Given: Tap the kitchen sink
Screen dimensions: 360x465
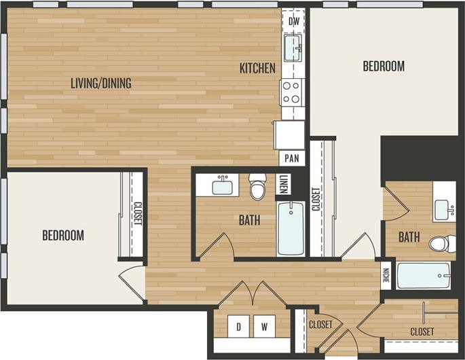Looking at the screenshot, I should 293,48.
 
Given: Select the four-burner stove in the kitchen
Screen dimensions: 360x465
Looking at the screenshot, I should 293,92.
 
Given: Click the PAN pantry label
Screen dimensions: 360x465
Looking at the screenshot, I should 292,158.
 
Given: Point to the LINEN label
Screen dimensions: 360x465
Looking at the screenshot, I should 283,185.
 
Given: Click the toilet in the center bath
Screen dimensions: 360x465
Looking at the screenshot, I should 257,187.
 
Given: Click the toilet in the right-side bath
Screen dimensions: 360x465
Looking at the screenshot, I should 443,242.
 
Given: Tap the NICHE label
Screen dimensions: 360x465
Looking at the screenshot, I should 386,275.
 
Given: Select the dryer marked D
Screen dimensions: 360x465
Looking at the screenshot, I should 238,327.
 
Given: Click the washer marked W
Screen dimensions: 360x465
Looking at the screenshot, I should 265,327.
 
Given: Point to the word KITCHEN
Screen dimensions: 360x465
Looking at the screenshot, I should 257,68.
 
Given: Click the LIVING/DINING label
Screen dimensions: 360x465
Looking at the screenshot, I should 101,84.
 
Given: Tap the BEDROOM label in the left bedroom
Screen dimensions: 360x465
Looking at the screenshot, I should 63,236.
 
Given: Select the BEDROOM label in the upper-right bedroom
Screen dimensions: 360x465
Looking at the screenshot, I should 384,66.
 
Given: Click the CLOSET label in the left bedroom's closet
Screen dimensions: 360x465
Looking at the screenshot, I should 137,215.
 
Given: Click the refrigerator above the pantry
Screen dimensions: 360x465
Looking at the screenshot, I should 289,134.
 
